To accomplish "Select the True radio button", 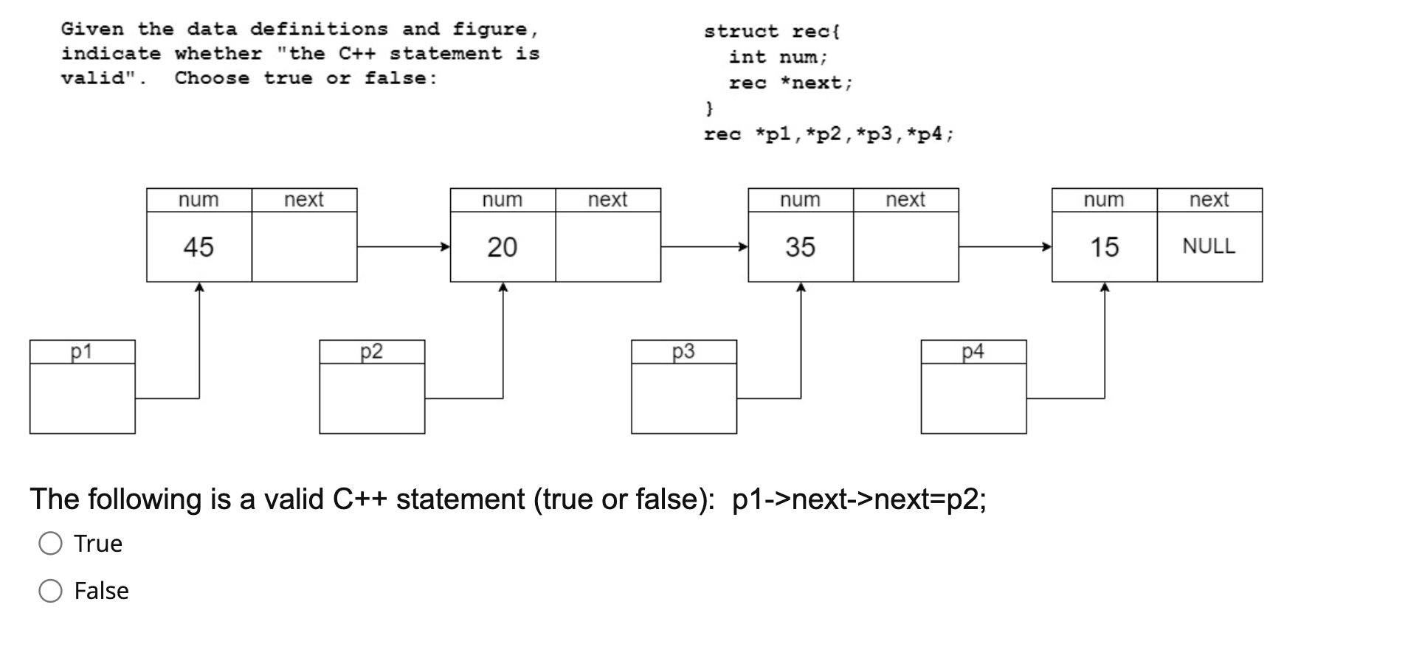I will point(50,544).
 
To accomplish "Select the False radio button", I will point(50,591).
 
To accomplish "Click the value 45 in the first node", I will point(199,246).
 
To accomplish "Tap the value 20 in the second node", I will point(502,246).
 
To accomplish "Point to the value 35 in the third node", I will point(800,246).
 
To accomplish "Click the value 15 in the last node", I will point(1104,246).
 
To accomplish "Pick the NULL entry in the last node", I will point(1209,246).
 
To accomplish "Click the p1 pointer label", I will point(81,351).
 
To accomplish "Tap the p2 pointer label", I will point(371,351).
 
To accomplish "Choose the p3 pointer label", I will point(683,351).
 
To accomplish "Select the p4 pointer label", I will point(973,351).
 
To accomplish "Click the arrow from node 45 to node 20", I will point(403,246).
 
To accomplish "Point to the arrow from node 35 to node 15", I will point(1004,246).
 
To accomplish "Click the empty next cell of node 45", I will point(304,246).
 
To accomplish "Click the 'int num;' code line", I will point(779,57).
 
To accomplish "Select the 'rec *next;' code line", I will point(790,83).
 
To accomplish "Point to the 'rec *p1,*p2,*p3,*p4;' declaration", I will point(828,134).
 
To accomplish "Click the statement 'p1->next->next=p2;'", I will point(859,499).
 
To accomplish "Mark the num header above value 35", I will point(800,200).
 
